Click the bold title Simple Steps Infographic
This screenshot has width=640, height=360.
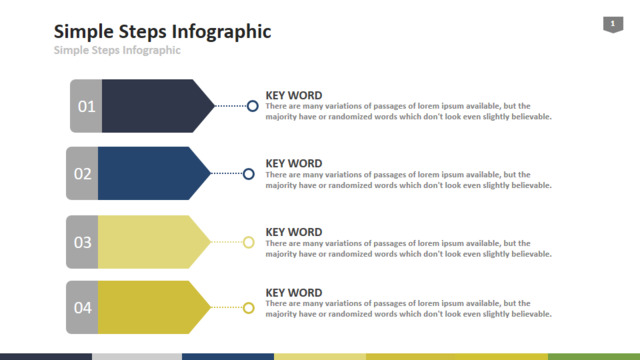click(x=162, y=32)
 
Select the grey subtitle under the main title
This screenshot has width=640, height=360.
click(x=117, y=50)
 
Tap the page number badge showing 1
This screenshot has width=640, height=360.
click(x=613, y=24)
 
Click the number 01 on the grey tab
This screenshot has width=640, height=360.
click(x=87, y=107)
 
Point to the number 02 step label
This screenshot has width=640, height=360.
click(x=82, y=174)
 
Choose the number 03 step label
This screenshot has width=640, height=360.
click(x=82, y=242)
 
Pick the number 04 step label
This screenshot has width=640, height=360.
click(x=82, y=308)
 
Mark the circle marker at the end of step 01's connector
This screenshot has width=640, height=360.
click(x=253, y=101)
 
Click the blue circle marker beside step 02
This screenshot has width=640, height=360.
click(x=249, y=169)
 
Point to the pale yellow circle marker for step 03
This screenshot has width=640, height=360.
click(x=249, y=237)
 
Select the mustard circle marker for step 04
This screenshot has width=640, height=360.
click(x=249, y=303)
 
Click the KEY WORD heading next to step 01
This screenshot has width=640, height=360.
click(x=294, y=96)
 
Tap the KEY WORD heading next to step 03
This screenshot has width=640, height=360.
click(x=294, y=232)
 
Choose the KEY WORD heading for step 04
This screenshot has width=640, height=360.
click(x=294, y=293)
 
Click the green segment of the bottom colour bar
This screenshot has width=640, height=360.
click(x=594, y=357)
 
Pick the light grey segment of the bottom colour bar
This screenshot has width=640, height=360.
click(x=137, y=357)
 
